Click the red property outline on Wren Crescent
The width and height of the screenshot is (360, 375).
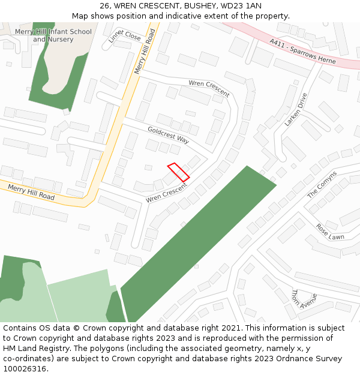coord(178,172)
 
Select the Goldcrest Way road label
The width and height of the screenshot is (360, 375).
coord(168,134)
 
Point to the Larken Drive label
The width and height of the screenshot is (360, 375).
coord(296,109)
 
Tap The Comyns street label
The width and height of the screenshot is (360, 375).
coord(322,185)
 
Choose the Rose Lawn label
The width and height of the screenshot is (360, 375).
coord(330,233)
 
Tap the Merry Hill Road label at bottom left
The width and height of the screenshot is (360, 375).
coord(31,192)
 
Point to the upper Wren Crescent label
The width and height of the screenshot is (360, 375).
coord(209,88)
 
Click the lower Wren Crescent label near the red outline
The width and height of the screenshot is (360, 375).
coord(166,192)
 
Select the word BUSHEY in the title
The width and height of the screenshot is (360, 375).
coord(196,5)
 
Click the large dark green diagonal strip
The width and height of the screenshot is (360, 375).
coord(198,243)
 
